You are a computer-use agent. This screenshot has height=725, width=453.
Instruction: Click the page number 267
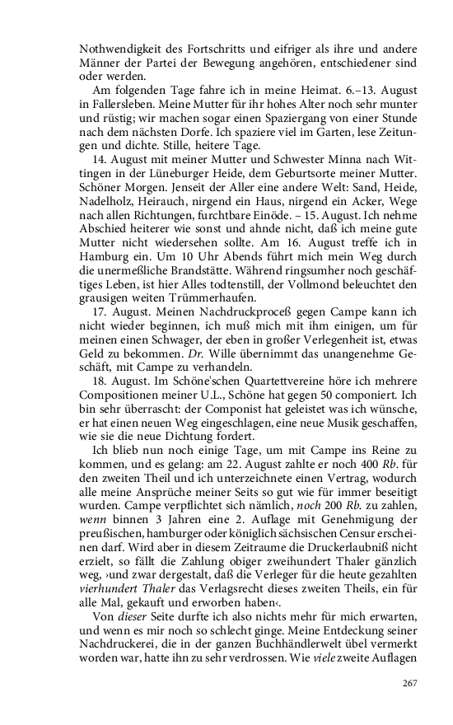pyautogui.click(x=409, y=683)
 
